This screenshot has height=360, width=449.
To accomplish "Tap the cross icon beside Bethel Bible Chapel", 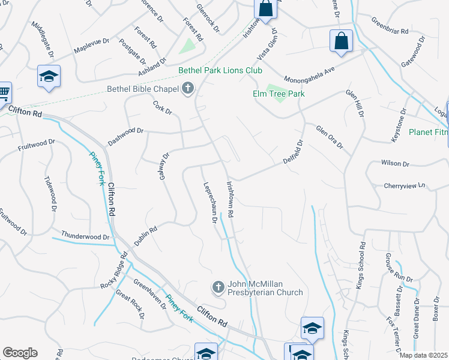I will tap(188, 89).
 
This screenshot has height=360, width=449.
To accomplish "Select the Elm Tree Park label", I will tap(278, 94).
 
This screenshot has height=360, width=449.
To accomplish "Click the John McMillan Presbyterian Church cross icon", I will tap(218, 288).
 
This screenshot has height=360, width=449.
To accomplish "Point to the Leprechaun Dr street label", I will tap(210, 203).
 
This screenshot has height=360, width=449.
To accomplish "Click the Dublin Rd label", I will tap(146, 236).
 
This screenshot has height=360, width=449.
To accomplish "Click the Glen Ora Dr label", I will tap(330, 137).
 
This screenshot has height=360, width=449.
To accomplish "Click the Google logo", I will tap(20, 352).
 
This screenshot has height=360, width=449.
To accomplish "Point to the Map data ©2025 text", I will tap(423, 355).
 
